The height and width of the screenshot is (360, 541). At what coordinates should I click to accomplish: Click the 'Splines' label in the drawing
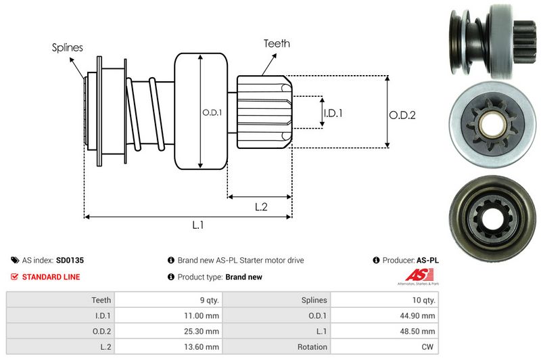click(x=68, y=47)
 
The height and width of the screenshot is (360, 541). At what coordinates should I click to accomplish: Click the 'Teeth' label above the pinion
click(x=277, y=43)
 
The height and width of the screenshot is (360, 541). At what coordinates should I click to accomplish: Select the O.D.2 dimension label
click(x=402, y=115)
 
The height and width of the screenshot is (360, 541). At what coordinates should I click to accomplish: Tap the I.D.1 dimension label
click(x=333, y=114)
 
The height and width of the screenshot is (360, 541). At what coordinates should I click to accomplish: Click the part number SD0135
click(x=70, y=260)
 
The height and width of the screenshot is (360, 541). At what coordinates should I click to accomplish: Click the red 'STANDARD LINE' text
click(x=51, y=277)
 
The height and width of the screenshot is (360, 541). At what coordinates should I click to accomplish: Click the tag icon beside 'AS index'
click(x=15, y=260)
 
